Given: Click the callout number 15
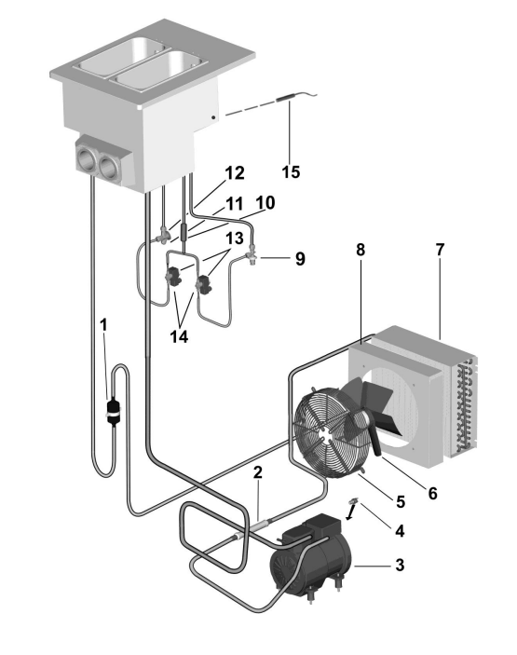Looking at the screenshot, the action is [291, 171].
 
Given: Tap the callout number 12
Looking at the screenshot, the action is [235, 173].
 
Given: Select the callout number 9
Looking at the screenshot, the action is [300, 259].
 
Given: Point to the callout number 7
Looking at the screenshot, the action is [440, 250].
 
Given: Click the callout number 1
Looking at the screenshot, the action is [104, 324].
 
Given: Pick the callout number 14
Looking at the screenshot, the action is [179, 335].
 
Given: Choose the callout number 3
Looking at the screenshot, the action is [400, 565].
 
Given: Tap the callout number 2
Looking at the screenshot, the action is [258, 472].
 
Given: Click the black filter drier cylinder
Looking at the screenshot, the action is [113, 412].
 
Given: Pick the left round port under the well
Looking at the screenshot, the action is [85, 158].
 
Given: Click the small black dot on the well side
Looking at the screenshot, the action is [214, 117].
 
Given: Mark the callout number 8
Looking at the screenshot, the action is [361, 250].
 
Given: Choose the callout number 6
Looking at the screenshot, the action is [432, 493].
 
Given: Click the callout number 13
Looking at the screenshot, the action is [235, 239].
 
